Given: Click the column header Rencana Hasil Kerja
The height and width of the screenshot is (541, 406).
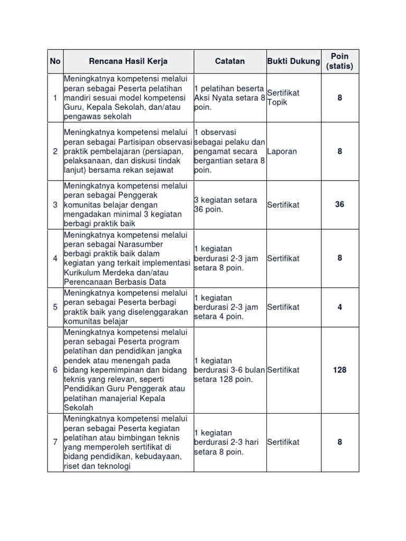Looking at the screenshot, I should [x=128, y=61].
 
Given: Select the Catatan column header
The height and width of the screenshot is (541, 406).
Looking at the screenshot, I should [x=230, y=61].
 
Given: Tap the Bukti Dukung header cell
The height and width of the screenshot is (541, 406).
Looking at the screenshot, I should [x=293, y=61].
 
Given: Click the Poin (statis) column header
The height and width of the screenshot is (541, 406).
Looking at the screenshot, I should [x=339, y=61].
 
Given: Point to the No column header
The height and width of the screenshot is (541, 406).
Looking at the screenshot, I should [x=55, y=61].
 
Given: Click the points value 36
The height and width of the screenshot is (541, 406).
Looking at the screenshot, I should [x=339, y=204].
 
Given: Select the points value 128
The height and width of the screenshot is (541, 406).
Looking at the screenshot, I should [x=339, y=370].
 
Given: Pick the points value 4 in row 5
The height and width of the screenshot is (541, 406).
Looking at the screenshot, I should [x=339, y=307].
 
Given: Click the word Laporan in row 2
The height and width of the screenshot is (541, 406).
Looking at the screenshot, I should [x=282, y=152].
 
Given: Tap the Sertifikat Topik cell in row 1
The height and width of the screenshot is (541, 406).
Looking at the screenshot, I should [x=283, y=98].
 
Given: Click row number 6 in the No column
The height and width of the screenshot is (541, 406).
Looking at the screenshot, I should [x=55, y=370].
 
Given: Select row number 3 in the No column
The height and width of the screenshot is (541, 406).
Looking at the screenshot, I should [x=55, y=204].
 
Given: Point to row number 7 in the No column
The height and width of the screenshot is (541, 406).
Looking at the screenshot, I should [x=55, y=442].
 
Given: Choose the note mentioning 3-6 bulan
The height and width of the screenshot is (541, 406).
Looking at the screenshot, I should [x=229, y=370].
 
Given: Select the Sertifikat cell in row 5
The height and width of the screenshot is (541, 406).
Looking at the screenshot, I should [x=283, y=307].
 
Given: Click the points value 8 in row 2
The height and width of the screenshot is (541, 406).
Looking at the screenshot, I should [x=339, y=152].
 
